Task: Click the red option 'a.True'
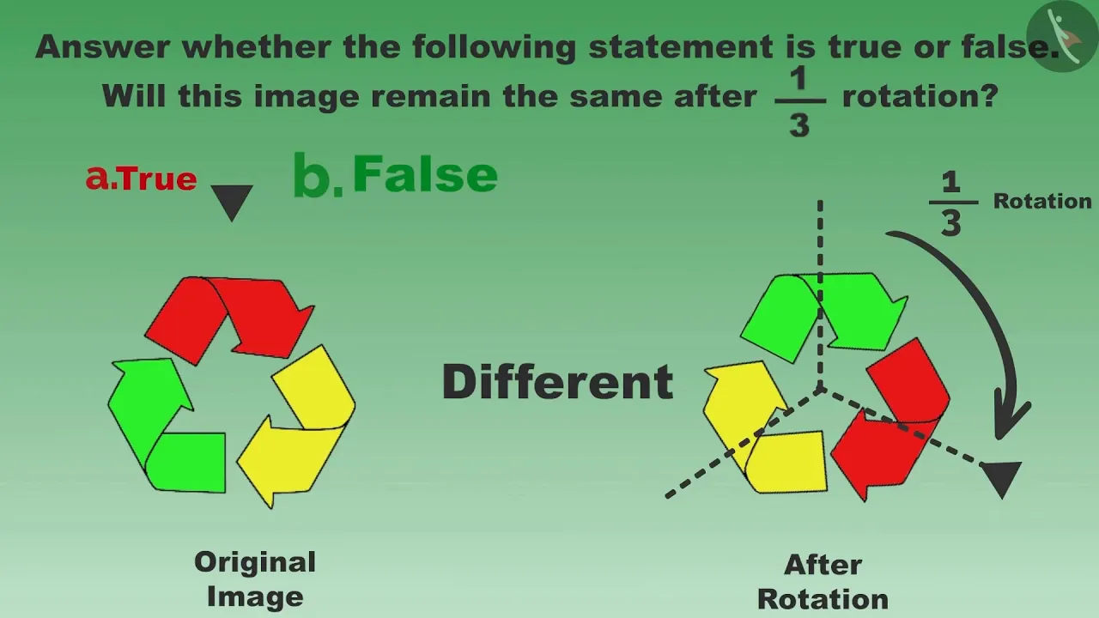click(142, 178)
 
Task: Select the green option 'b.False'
click(396, 174)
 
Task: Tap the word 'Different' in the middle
click(558, 382)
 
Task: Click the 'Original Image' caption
click(255, 579)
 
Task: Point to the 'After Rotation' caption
click(823, 582)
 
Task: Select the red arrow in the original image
click(229, 318)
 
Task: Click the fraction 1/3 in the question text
click(799, 101)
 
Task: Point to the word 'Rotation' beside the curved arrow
click(1042, 201)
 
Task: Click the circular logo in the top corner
click(1062, 36)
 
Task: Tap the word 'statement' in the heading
click(682, 47)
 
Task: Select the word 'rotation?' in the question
click(920, 96)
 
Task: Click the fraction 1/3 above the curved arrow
click(952, 203)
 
